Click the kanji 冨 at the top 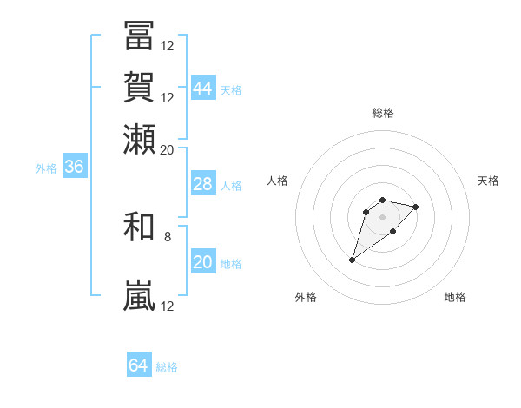pos(139,36)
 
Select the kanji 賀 pos(139,87)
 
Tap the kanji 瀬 pos(139,139)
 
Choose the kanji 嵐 pos(139,296)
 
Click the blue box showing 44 pos(202,88)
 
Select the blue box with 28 pos(202,185)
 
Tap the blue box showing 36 pos(74,168)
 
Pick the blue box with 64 pos(138,365)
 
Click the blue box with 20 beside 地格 pos(202,262)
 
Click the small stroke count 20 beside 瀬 pos(167,149)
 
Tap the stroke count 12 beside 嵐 pos(168,306)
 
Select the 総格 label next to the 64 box pos(167,367)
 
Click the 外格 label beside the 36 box pos(46,168)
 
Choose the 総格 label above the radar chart pos(382,113)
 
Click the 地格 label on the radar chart pos(455,297)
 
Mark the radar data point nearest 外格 pos(353,260)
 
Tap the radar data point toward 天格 pos(416,207)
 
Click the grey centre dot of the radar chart pos(382,217)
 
